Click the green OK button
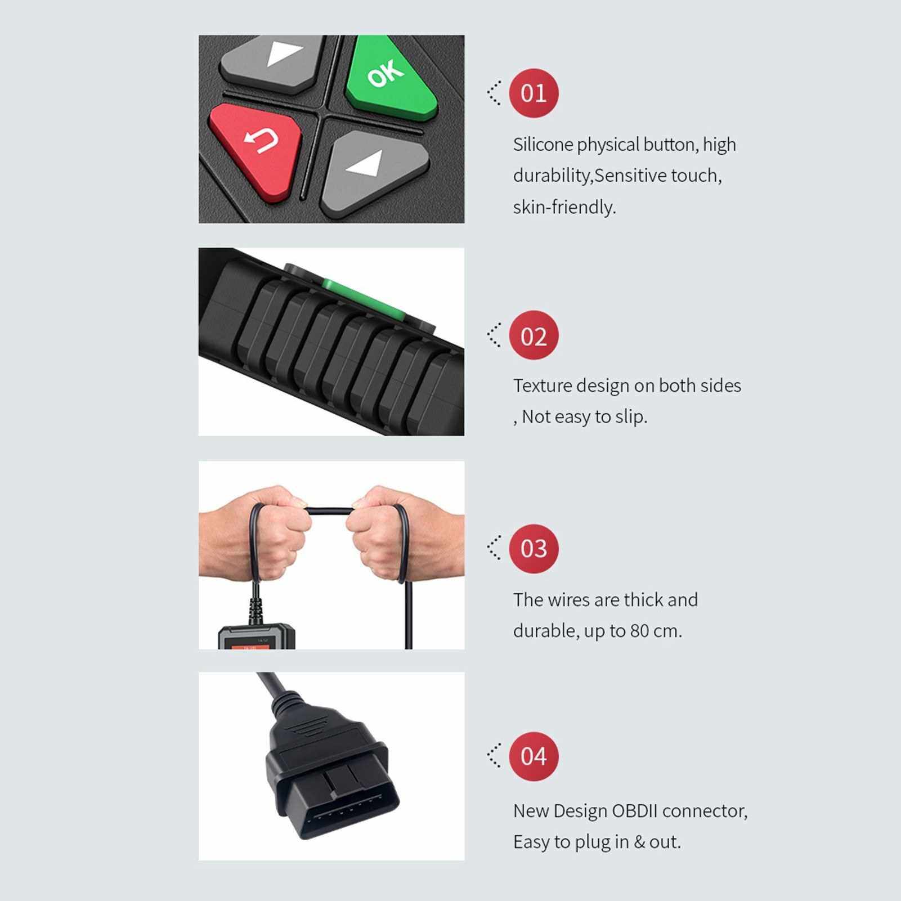[390, 77]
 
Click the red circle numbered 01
[534, 93]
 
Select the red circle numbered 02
[534, 335]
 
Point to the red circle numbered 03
[534, 548]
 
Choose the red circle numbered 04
[534, 756]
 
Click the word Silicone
[543, 145]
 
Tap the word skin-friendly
[564, 207]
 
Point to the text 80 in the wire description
[640, 631]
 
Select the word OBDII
[635, 811]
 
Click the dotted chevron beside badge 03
[494, 548]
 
